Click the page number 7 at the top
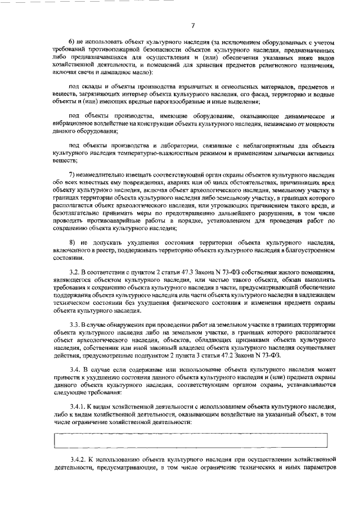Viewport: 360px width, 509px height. point(192,25)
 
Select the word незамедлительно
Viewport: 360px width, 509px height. point(106,174)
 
